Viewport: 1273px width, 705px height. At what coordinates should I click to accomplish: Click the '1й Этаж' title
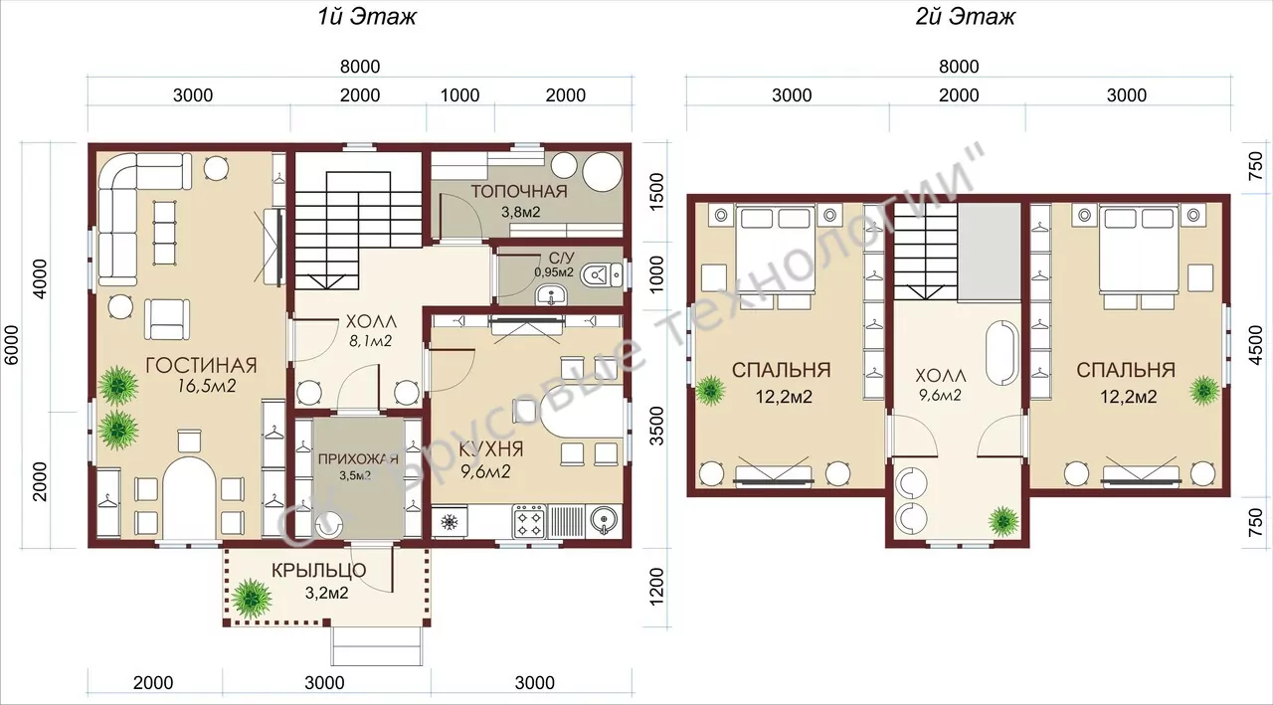(367, 17)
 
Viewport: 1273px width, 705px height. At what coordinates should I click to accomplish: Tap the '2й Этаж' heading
(965, 17)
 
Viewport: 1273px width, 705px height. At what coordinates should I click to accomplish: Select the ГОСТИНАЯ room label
(201, 365)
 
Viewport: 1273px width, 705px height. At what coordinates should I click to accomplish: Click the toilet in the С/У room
(602, 275)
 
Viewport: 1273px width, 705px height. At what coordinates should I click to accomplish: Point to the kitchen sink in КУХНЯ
(605, 520)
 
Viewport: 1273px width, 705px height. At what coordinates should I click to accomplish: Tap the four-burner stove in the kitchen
(528, 521)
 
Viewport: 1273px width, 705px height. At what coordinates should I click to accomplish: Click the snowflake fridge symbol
(449, 521)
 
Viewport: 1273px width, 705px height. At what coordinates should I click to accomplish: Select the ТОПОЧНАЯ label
(519, 192)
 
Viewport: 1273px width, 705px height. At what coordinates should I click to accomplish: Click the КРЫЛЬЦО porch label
(319, 570)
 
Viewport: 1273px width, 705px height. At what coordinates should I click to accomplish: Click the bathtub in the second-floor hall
(1002, 354)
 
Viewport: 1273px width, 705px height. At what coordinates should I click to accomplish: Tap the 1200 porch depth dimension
(655, 587)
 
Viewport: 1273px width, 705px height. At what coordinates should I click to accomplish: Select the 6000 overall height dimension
(11, 345)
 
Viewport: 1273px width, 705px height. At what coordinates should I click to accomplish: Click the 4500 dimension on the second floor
(1255, 345)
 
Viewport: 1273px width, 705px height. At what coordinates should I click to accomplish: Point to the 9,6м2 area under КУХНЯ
(485, 471)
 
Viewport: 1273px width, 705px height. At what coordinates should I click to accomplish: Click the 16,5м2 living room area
(206, 386)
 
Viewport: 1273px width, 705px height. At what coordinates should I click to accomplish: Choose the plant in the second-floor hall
(1002, 521)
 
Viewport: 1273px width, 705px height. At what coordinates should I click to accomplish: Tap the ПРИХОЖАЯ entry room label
(358, 459)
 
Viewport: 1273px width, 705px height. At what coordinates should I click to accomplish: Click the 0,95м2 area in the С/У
(554, 272)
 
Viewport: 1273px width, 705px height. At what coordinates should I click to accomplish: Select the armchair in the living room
(167, 320)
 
